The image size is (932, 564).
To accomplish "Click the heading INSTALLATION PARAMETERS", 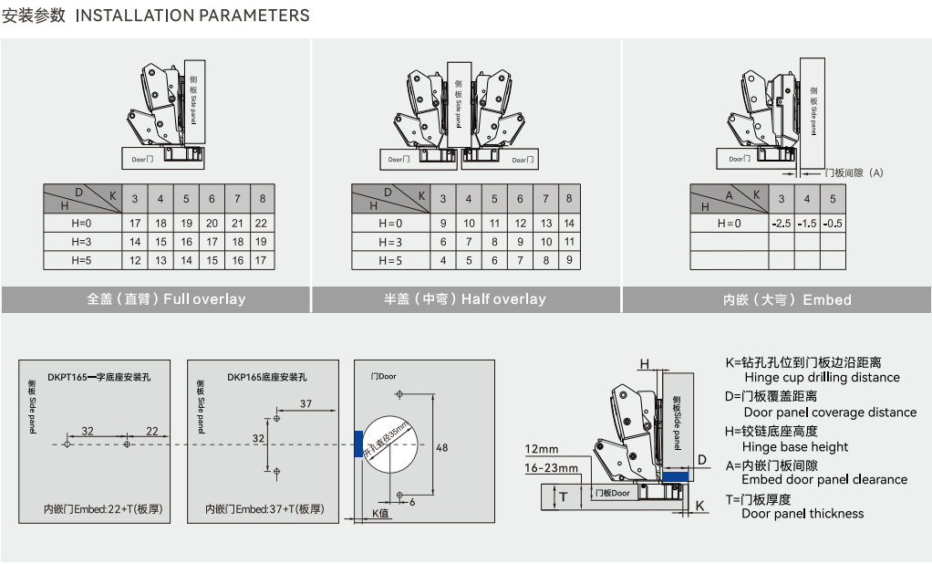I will [x=192, y=16].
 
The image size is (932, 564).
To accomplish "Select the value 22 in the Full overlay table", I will [x=261, y=223].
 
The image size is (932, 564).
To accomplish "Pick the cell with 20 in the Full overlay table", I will [x=211, y=223].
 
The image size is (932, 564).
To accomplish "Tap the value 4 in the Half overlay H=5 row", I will [x=443, y=260].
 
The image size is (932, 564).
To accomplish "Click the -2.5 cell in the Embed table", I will [x=781, y=223].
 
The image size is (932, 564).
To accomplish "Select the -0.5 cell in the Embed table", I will [x=832, y=223].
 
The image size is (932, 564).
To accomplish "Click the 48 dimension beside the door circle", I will [x=442, y=448].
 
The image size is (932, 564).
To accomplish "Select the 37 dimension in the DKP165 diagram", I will [x=305, y=403].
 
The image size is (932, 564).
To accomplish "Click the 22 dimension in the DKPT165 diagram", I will [x=151, y=431].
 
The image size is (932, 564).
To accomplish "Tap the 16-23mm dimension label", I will [x=551, y=468].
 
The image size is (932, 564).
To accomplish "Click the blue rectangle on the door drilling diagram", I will [x=358, y=444].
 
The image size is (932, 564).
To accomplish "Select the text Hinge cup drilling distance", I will [x=822, y=378].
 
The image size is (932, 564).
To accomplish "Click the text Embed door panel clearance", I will [x=824, y=479].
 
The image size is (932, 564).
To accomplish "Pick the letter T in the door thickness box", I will [x=563, y=496].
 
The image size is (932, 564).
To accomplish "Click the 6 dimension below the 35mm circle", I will [x=412, y=501].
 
